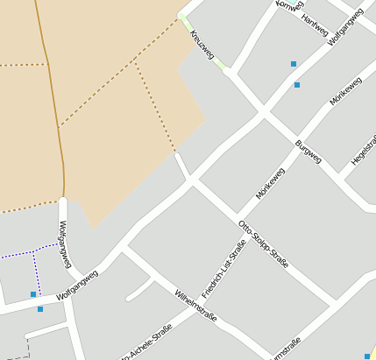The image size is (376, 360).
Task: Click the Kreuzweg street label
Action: (x=202, y=46)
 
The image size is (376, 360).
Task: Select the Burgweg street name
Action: (x=309, y=152)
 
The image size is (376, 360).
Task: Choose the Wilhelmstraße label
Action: (x=195, y=305)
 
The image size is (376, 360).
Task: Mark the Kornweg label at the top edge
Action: (x=288, y=5)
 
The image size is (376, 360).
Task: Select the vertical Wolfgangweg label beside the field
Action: (x=63, y=244)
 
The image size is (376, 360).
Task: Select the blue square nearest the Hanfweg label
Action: (x=294, y=63)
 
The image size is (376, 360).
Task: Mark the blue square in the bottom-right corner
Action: (x=367, y=356)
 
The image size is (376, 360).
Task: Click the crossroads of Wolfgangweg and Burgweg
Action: (x=263, y=112)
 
